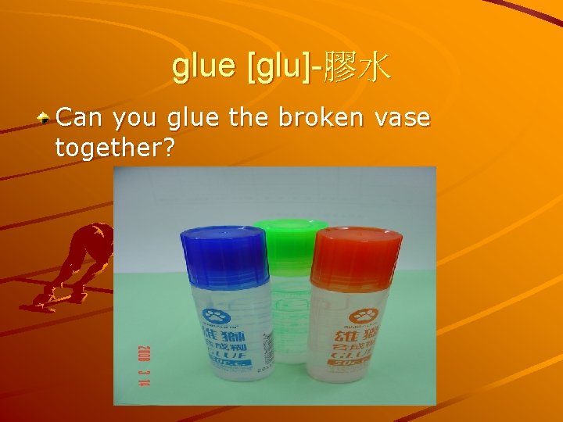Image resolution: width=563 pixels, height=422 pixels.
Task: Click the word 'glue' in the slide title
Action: [205, 67]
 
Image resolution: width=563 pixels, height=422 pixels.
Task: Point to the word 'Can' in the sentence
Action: [81, 118]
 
